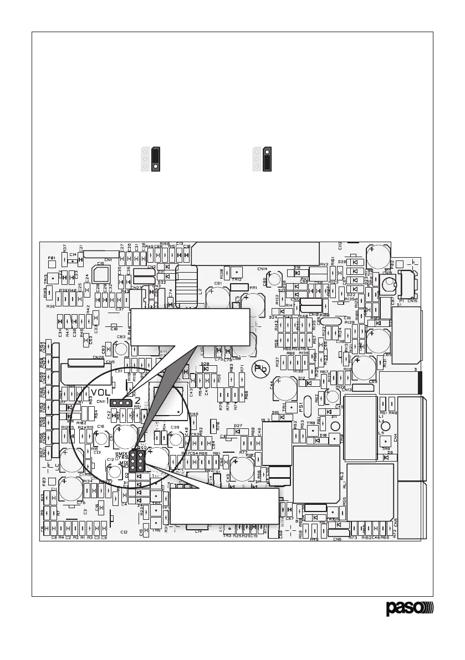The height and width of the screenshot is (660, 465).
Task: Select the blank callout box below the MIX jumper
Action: pyautogui.click(x=224, y=505)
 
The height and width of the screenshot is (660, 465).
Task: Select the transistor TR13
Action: pyautogui.click(x=52, y=278)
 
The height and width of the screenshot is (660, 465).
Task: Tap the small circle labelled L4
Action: pyautogui.click(x=387, y=426)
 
